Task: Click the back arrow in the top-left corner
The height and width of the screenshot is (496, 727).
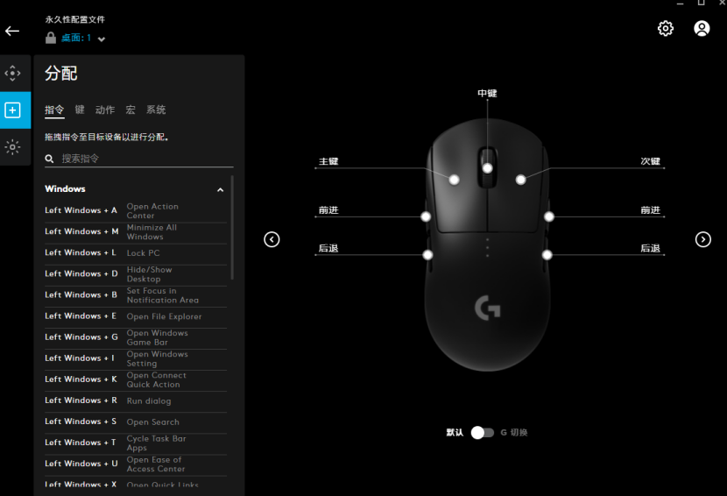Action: point(12,31)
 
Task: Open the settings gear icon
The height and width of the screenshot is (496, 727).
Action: point(666,28)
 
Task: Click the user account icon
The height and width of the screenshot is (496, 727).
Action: point(702,28)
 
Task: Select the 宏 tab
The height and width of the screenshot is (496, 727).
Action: point(131,110)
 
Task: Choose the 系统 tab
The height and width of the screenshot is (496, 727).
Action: point(156,110)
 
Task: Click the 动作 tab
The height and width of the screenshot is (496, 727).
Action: point(105,110)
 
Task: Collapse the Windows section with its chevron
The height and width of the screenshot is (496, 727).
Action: point(220,190)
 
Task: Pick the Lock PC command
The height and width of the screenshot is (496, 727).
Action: point(144,253)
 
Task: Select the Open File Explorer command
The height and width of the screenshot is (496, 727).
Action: point(164,316)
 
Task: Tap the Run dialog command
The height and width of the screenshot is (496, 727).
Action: point(149,400)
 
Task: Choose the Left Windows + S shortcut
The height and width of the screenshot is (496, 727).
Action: point(81,422)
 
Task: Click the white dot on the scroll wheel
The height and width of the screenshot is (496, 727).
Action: point(487,168)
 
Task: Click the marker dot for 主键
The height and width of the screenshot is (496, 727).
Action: point(455,180)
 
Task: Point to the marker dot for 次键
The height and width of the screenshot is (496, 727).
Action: point(520,180)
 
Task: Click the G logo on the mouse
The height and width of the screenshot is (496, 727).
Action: point(487,308)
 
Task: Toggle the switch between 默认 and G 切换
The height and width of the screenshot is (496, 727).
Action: point(483,432)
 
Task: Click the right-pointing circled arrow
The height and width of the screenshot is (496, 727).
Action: point(702,239)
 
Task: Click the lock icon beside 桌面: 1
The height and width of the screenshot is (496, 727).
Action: point(51,38)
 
